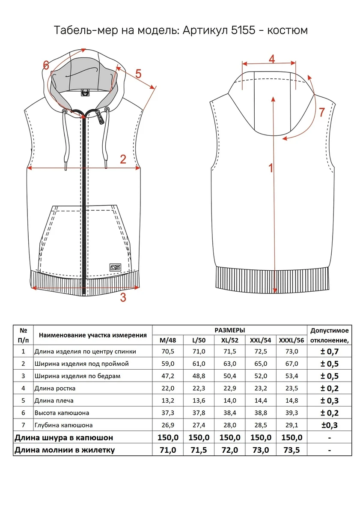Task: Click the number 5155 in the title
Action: [x=243, y=30]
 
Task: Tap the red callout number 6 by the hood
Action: [x=46, y=66]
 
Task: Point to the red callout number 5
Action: [x=138, y=74]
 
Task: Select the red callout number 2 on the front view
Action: [x=123, y=159]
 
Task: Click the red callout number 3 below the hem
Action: [x=123, y=297]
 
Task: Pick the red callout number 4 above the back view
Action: [x=272, y=59]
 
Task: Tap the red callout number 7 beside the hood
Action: [x=322, y=112]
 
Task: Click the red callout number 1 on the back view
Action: [x=271, y=168]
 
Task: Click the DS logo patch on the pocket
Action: [x=115, y=267]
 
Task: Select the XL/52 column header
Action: [x=229, y=340]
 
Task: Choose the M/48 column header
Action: [x=168, y=340]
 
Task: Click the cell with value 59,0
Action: [x=168, y=364]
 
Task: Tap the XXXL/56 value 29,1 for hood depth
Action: [x=292, y=425]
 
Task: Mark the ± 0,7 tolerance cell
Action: [x=329, y=352]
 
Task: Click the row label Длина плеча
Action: [x=54, y=400]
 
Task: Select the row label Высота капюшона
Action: [x=62, y=413]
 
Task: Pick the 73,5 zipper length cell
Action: [x=292, y=450]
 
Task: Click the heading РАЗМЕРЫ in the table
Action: [x=230, y=330]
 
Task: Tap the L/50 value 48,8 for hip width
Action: [x=199, y=376]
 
